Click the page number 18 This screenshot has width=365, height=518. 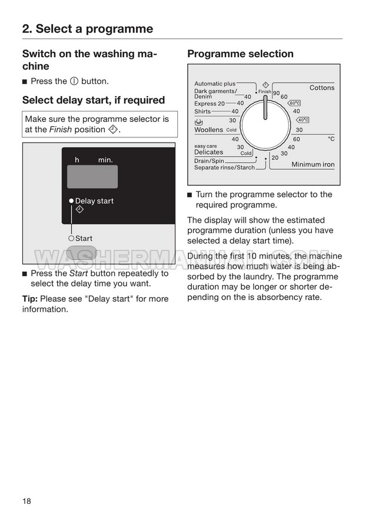26,501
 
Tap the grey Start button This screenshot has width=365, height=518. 81,253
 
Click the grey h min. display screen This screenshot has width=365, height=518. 92,177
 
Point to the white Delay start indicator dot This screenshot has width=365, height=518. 71,201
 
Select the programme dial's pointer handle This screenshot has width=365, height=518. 266,107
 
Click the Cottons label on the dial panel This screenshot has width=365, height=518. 322,88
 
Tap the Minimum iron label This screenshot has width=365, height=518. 313,164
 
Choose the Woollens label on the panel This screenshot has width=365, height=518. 208,130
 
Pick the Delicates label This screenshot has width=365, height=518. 208,152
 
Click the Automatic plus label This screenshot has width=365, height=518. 215,84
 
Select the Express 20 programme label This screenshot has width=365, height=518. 209,104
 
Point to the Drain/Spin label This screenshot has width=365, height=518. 209,161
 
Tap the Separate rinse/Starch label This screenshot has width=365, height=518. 224,167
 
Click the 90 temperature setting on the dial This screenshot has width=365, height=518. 276,94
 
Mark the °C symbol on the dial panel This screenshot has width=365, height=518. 331,139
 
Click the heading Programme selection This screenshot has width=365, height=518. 240,54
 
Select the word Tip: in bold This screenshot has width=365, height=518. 30,299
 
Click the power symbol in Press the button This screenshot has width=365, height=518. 74,81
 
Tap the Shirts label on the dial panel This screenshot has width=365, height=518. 203,111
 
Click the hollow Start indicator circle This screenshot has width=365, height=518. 71,238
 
